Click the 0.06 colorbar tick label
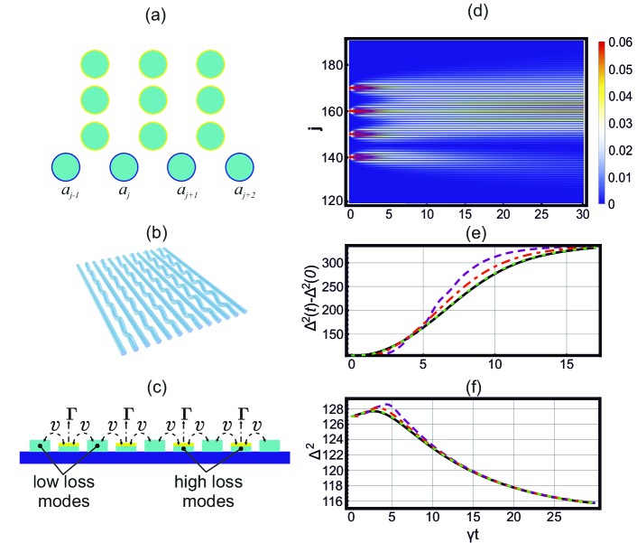click(x=618, y=42)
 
